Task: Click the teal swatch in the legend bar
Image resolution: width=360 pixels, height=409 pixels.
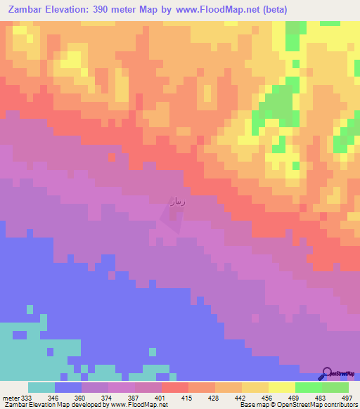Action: pos(41,387)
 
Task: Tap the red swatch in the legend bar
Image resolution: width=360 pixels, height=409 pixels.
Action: pos(174,387)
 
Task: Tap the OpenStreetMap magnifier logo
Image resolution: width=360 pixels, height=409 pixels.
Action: pos(327,373)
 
